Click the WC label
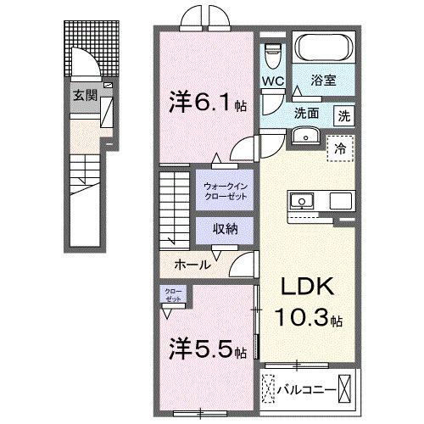[x=271, y=81]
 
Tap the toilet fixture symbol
[x=272, y=58]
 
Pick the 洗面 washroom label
[x=308, y=112]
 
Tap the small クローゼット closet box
[x=173, y=297]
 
